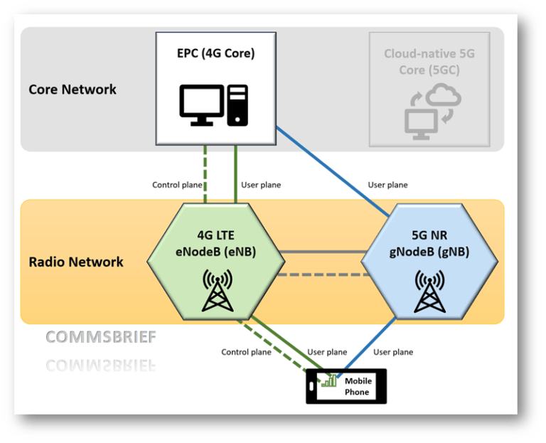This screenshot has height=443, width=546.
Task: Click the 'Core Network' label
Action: pyautogui.click(x=73, y=90)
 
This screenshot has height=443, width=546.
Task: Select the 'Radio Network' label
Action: pyautogui.click(x=76, y=262)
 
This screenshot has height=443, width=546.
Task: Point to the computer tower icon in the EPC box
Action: pyautogui.click(x=237, y=105)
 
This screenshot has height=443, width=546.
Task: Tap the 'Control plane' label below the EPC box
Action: pyautogui.click(x=177, y=185)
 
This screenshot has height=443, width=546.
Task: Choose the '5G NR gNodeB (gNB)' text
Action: pyautogui.click(x=428, y=243)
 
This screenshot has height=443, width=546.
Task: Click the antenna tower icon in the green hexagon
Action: pyautogui.click(x=218, y=289)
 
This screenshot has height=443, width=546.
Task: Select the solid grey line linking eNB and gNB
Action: pyautogui.click(x=321, y=252)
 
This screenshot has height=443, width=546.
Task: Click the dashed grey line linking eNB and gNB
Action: pyautogui.click(x=321, y=274)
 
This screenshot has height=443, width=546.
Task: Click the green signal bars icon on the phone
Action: pyautogui.click(x=328, y=380)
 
